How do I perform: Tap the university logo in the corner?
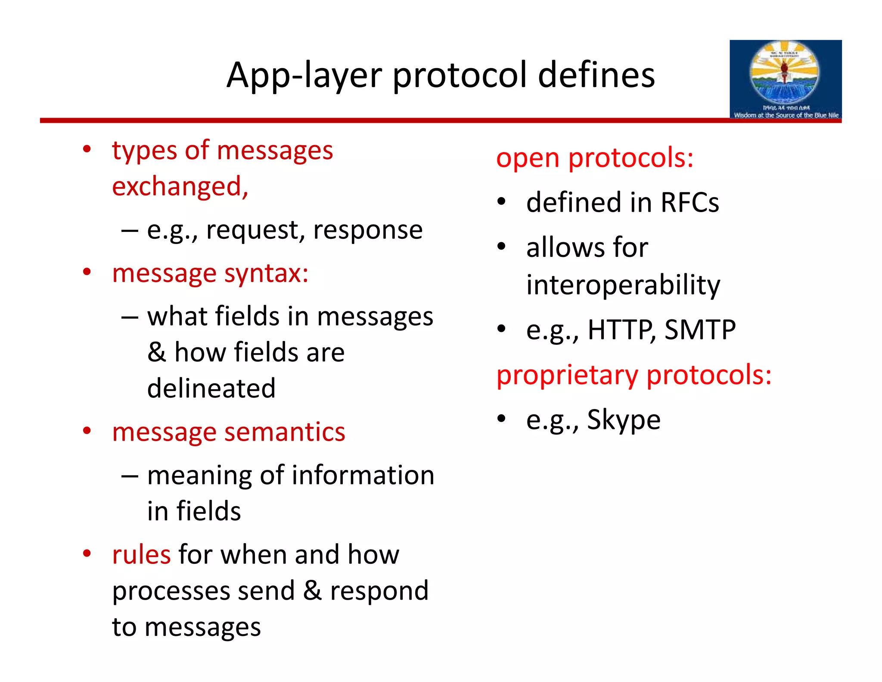click(785, 80)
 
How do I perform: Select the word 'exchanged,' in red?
click(180, 187)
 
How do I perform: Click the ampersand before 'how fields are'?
click(156, 352)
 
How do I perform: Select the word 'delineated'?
click(211, 388)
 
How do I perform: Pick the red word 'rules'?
click(141, 554)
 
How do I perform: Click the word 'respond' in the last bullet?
click(379, 591)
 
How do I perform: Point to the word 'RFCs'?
click(689, 202)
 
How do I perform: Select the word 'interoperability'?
click(623, 285)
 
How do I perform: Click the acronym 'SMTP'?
click(700, 330)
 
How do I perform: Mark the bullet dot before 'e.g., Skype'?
click(501, 418)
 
